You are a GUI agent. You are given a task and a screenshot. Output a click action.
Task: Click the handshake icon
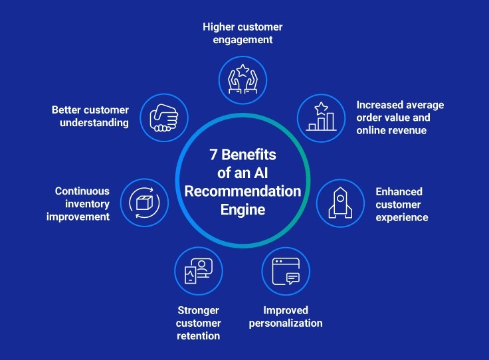click(x=163, y=118)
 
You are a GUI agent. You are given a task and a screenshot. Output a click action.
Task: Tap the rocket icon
click(x=339, y=203)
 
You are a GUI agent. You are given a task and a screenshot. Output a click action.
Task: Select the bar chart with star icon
click(x=320, y=118)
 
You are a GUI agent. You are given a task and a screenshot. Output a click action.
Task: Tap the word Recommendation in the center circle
click(x=243, y=191)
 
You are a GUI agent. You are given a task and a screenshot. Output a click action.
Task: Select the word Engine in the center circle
click(x=243, y=209)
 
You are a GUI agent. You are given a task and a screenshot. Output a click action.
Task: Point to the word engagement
click(x=243, y=40)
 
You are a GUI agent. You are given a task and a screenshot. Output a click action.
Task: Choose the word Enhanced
click(x=399, y=192)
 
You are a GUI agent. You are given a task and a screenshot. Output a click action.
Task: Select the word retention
click(x=199, y=335)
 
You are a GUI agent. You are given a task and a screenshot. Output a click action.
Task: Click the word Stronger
click(x=199, y=310)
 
